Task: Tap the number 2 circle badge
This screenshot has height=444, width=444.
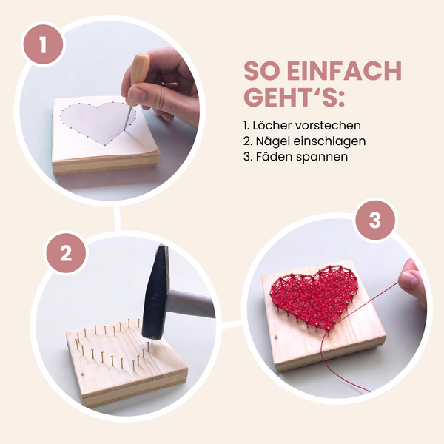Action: tap(66, 254)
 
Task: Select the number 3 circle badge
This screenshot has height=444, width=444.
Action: tap(374, 221)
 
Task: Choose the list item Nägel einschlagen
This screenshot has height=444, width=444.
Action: tap(304, 141)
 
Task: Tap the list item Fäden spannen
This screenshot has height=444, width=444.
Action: tap(295, 156)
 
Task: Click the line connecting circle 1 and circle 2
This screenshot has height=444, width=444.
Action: tap(117, 218)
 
